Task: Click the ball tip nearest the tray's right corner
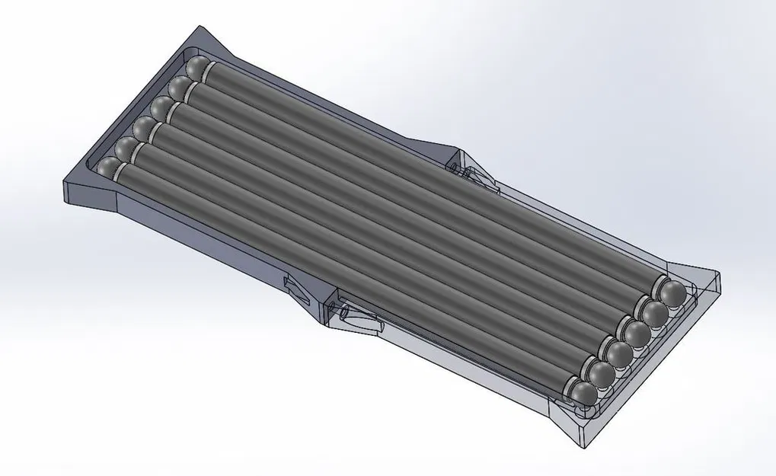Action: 672,292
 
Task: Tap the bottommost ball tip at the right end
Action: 584,392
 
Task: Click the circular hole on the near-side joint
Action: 342,312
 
